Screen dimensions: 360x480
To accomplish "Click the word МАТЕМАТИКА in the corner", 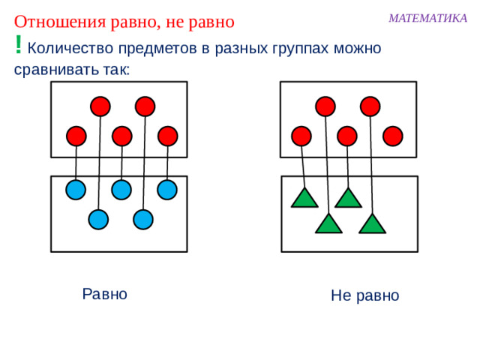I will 427,18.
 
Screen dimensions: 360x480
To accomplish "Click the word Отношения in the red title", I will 52,21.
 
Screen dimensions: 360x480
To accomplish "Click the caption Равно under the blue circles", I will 104,294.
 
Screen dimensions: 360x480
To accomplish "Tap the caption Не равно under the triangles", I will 364,296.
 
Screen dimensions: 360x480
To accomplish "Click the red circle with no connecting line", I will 392,136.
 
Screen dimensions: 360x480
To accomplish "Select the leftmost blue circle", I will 75,190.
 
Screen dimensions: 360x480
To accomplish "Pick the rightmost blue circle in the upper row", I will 166,190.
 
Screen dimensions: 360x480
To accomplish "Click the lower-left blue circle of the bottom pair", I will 98,219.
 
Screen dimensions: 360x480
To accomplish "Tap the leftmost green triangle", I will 304,198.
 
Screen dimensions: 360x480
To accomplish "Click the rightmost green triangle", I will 373,223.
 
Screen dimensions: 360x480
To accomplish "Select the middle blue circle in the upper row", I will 121,190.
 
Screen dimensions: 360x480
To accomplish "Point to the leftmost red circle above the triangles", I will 301,136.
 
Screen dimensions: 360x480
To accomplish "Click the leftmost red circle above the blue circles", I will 76,136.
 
